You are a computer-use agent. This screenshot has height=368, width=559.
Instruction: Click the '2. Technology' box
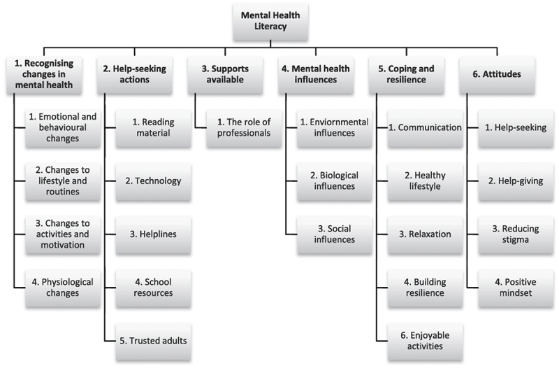click(153, 181)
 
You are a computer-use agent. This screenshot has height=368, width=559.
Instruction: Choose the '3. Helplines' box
click(153, 234)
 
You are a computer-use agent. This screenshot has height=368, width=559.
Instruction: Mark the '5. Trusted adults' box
click(153, 340)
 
